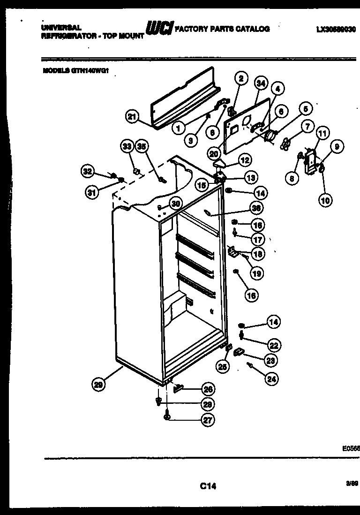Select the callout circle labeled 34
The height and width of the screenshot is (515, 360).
pyautogui.click(x=261, y=83)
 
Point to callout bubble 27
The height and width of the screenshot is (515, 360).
pyautogui.click(x=207, y=420)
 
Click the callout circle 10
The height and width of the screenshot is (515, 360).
pyautogui.click(x=325, y=200)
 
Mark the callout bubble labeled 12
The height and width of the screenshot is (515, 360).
pyautogui.click(x=244, y=160)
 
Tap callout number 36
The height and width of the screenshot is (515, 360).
pyautogui.click(x=256, y=207)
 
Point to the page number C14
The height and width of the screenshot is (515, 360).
pyautogui.click(x=207, y=486)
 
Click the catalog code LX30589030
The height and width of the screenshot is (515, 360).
pyautogui.click(x=336, y=29)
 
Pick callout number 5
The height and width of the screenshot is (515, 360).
pyautogui.click(x=306, y=110)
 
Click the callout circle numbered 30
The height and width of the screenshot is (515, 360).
pyautogui.click(x=175, y=203)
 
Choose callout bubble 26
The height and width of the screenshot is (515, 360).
pyautogui.click(x=207, y=388)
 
